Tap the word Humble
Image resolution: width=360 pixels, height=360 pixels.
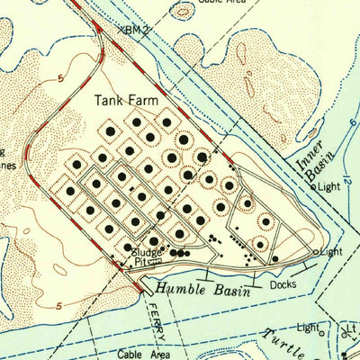point(177,289)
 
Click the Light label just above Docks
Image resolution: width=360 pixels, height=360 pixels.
point(332,251)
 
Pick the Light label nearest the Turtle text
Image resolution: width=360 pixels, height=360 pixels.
point(309,327)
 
